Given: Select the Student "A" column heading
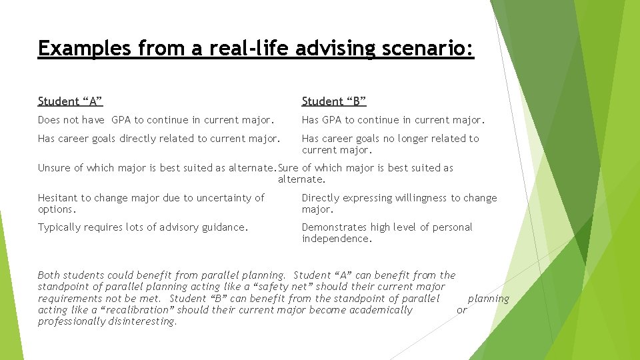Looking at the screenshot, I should point(70,101).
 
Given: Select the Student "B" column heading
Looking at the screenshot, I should point(334,101).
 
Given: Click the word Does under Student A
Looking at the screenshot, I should point(49,120).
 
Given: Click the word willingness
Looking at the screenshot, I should point(413,198).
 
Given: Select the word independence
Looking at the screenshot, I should point(335,239).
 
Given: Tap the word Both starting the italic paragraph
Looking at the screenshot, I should point(49,275).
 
